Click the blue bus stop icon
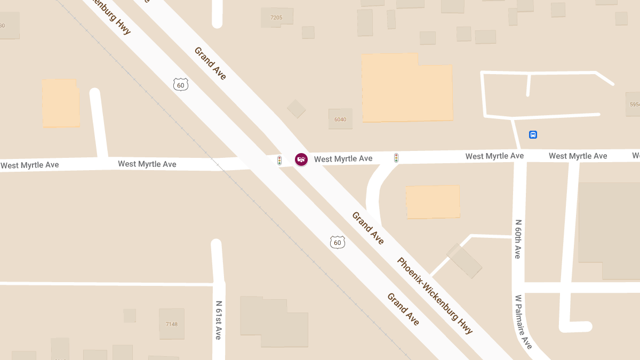click(533, 134)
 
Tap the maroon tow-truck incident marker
click(301, 159)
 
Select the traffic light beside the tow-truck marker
click(279, 160)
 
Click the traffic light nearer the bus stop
click(396, 158)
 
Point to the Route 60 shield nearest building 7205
click(181, 84)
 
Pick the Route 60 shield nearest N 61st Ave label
click(337, 243)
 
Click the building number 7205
click(276, 18)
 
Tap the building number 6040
click(340, 119)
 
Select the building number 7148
click(172, 324)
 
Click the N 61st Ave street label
click(219, 320)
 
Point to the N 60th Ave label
click(517, 239)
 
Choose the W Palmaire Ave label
click(524, 322)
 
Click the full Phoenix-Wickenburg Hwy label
click(435, 295)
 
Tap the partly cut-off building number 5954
click(634, 105)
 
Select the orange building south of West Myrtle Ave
click(433, 202)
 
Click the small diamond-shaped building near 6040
click(296, 109)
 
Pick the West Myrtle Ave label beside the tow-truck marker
click(343, 159)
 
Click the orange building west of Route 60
click(61, 103)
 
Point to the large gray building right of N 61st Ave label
click(273, 322)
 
